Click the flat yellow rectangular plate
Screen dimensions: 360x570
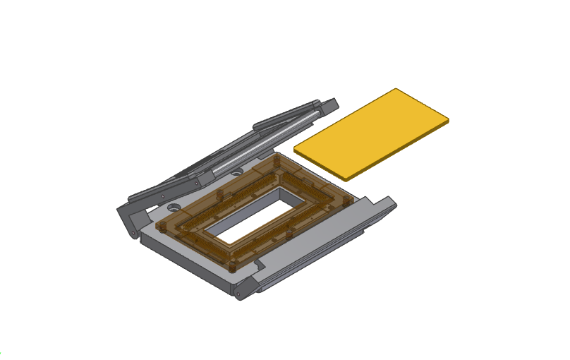click(x=371, y=133)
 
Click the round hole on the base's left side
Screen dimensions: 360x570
click(x=172, y=209)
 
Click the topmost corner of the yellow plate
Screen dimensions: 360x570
click(x=395, y=90)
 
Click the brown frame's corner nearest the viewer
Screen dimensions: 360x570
click(x=233, y=269)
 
